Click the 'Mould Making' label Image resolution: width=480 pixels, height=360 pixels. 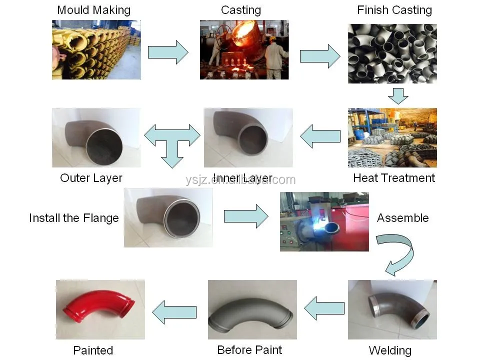point(93,10)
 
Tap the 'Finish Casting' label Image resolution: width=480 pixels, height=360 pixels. point(394,10)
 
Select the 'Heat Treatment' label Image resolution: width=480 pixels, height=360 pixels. point(394,178)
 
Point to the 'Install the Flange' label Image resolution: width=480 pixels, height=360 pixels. point(74,218)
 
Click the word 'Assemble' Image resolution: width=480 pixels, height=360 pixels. point(402,218)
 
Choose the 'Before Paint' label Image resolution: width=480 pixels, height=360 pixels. point(249,349)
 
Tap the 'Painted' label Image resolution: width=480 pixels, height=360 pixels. point(93,350)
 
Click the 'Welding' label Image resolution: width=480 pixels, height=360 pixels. point(390,350)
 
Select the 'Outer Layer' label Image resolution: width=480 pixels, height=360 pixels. point(91,178)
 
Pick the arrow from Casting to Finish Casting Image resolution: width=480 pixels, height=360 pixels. point(319,55)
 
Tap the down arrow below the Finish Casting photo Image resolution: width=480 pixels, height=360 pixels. point(398,95)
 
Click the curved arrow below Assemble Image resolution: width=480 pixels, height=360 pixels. point(397,253)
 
